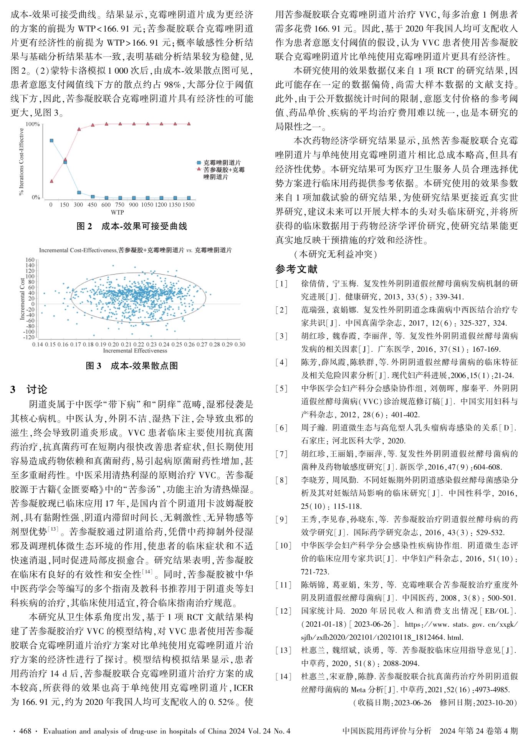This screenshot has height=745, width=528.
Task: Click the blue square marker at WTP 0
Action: (51, 141)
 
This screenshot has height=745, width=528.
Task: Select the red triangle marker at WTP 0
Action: (51, 181)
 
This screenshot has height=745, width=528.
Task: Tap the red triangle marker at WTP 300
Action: (79, 129)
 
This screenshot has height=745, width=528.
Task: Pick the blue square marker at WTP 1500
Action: (189, 198)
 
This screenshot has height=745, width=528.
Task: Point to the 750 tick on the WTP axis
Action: (120, 205)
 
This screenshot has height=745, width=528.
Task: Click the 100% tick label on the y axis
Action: (33, 124)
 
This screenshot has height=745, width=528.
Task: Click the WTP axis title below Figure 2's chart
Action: (117, 212)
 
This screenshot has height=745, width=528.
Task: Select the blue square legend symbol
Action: (199, 163)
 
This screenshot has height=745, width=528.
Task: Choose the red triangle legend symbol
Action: (199, 169)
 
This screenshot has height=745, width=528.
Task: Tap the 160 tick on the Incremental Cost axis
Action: (30, 260)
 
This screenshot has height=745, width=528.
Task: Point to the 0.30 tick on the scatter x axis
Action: (240, 344)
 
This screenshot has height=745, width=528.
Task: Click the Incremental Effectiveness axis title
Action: (135, 351)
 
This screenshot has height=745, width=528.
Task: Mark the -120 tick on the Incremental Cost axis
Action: (29, 338)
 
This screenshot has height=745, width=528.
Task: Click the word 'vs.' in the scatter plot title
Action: (189, 250)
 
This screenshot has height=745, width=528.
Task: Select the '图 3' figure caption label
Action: (93, 366)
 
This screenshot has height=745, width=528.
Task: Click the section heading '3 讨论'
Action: (29, 389)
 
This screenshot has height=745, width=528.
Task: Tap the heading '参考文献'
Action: (296, 269)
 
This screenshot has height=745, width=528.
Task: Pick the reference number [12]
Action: (282, 611)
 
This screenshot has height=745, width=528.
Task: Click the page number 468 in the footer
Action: (25, 731)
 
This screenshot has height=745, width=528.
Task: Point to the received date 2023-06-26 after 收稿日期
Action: (413, 703)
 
